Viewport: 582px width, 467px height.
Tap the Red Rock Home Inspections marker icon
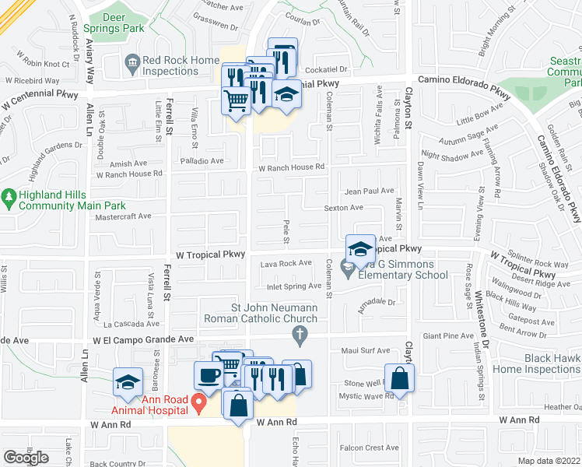(131, 61)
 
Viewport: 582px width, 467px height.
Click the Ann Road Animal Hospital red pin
(198, 403)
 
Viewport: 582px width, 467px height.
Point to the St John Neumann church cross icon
(300, 335)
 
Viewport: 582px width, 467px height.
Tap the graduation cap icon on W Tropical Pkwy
(360, 248)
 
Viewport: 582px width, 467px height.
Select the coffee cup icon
(208, 374)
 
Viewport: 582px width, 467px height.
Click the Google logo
(26, 458)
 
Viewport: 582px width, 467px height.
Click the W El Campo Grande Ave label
(142, 340)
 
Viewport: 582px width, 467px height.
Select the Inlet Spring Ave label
(294, 286)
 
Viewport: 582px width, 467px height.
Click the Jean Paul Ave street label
(370, 191)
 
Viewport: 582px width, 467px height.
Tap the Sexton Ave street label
(344, 208)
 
